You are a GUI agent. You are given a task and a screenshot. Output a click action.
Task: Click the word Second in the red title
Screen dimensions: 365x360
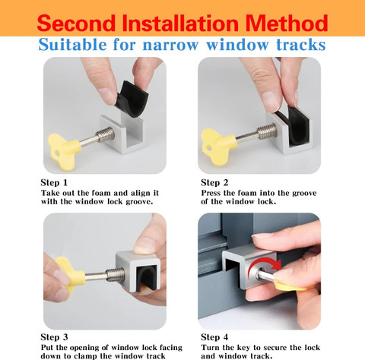coord(76,23)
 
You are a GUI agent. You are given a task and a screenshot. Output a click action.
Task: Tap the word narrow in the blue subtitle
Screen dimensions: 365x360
coord(170,45)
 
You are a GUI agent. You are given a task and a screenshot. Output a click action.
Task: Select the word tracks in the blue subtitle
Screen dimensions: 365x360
coord(301,45)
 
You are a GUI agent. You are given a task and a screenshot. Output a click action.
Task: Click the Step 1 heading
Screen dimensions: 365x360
coord(54,182)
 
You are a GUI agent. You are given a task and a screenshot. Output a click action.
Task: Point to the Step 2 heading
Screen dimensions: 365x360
coord(214,182)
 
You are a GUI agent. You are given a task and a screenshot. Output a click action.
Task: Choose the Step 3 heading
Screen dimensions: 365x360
coord(54,337)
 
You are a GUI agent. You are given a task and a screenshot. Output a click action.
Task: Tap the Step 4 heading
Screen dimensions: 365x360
coord(214,337)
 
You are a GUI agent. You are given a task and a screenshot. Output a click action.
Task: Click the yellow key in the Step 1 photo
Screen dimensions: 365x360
coord(63,149)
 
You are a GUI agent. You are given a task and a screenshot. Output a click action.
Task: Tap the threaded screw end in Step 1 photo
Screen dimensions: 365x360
coord(105,134)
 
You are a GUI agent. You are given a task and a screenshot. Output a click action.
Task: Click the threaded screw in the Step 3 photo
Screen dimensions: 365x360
coord(116,275)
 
